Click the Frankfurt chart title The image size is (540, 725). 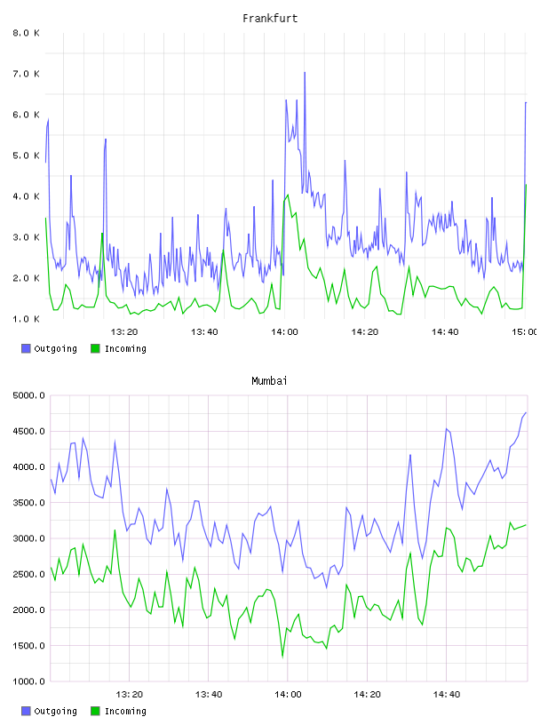pyautogui.click(x=270, y=19)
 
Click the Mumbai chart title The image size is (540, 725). pyautogui.click(x=269, y=381)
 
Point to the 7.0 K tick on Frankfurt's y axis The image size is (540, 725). pyautogui.click(x=27, y=74)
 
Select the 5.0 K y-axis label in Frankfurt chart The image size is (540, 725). pyautogui.click(x=27, y=155)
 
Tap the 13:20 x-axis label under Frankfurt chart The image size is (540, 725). pyautogui.click(x=124, y=331)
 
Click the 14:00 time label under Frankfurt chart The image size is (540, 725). pyautogui.click(x=285, y=331)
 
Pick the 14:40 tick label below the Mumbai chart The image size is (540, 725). pyautogui.click(x=447, y=694)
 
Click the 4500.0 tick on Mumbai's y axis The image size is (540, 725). pyautogui.click(x=29, y=432)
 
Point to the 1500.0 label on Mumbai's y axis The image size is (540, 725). pyautogui.click(x=29, y=645)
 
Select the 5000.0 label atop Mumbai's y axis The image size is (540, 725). pyautogui.click(x=29, y=395)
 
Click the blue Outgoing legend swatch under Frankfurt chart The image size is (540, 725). pyautogui.click(x=26, y=348)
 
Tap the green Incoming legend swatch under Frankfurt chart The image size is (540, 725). pyautogui.click(x=95, y=348)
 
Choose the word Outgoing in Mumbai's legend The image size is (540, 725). pyautogui.click(x=55, y=711)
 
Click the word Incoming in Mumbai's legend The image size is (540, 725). pyautogui.click(x=125, y=711)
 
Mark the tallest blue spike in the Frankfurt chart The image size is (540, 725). pyautogui.click(x=305, y=73)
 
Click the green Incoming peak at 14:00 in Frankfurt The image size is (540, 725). pyautogui.click(x=288, y=195)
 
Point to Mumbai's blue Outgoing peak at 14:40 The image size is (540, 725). pyautogui.click(x=447, y=429)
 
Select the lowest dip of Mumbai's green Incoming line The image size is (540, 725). pyautogui.click(x=282, y=657)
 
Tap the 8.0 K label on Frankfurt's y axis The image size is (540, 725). pyautogui.click(x=27, y=33)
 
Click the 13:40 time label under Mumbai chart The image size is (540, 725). pyautogui.click(x=209, y=694)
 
